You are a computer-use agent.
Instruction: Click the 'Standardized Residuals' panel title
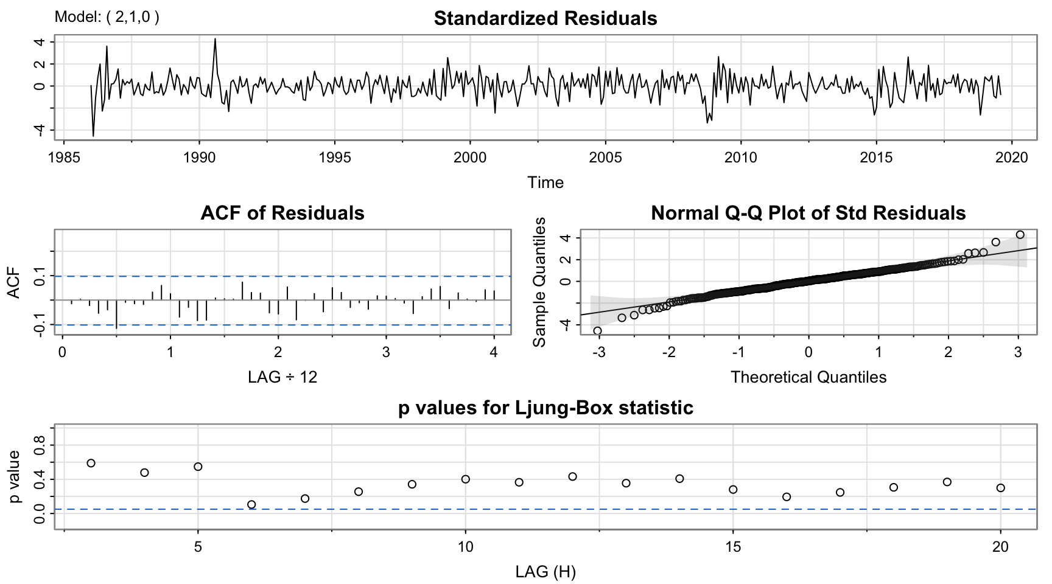545,18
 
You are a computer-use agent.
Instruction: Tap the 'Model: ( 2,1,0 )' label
107,16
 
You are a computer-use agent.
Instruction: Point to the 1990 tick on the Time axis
200,158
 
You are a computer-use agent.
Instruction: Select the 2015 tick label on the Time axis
876,158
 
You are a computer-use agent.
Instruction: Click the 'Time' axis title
545,182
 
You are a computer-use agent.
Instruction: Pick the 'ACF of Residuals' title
282,213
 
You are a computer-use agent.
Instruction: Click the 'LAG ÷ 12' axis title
282,377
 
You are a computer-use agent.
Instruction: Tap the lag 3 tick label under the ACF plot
386,352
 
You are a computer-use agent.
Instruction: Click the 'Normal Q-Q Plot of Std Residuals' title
808,213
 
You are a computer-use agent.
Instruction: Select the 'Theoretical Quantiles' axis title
808,377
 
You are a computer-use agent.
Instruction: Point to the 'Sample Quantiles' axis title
539,282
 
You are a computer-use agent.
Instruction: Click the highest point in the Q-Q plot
1020,235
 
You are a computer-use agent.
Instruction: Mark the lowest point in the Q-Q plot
597,331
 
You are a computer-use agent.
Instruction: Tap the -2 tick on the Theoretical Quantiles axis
669,352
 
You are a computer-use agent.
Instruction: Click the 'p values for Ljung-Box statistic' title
545,408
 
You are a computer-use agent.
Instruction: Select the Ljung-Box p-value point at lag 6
251,504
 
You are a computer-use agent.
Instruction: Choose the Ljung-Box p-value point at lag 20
1000,488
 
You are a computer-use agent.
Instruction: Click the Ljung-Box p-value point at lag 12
572,476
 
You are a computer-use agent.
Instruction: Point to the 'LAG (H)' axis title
545,572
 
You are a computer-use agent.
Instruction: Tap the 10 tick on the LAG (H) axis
465,547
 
